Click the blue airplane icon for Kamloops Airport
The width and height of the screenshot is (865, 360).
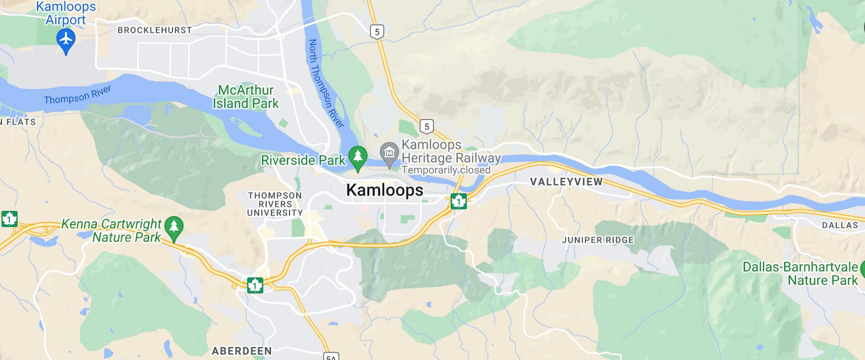coord(66,39)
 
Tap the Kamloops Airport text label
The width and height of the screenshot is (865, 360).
coord(66,13)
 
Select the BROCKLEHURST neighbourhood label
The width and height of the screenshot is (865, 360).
coord(154,30)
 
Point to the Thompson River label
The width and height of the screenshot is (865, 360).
coord(78,95)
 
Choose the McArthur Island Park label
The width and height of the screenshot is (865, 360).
coord(246,97)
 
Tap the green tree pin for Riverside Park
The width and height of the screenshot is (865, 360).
coord(358,157)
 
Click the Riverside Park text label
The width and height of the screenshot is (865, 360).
coord(303,160)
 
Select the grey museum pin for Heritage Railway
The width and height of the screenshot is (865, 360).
coord(389,153)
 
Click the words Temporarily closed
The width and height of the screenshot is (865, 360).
coord(446,170)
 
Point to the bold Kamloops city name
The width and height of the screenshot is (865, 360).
coord(385,190)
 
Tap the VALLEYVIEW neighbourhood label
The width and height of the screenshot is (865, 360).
coord(566,182)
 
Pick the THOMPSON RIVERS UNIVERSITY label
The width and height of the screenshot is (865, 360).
coord(275,204)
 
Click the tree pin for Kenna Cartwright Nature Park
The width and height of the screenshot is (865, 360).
coord(174,227)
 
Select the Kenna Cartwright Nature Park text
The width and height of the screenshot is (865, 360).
coord(112,231)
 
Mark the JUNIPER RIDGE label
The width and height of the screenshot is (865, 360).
coord(598,240)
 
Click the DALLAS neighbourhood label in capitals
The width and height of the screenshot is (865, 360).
coord(839,225)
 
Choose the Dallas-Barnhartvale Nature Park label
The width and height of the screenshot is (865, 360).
coord(800,273)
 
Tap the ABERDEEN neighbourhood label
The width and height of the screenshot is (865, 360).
coord(242,351)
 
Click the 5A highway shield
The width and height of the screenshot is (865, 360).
coord(331,356)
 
